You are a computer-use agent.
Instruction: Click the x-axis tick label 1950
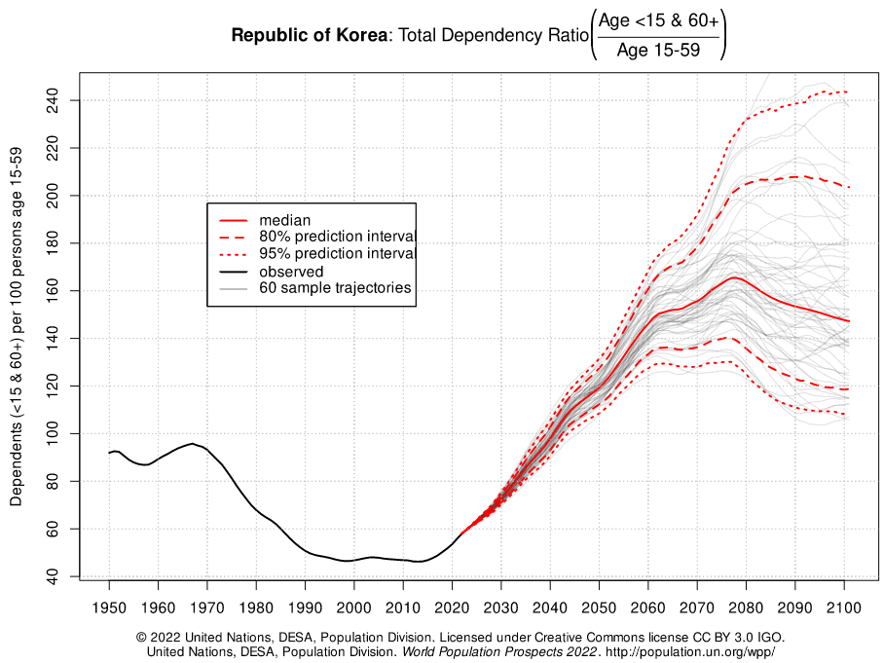pos(109,608)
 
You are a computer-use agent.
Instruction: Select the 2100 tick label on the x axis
pos(843,608)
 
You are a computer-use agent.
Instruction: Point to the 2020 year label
pos(452,608)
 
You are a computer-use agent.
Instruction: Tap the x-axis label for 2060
pos(647,608)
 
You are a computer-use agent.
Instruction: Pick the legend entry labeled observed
pos(291,272)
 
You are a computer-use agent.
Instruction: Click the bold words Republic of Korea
pos(309,36)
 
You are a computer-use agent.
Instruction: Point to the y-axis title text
pos(17,327)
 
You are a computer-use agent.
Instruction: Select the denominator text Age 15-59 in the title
pos(657,51)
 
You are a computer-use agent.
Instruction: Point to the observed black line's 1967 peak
pos(192,444)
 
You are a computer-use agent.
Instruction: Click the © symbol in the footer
pos(142,637)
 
